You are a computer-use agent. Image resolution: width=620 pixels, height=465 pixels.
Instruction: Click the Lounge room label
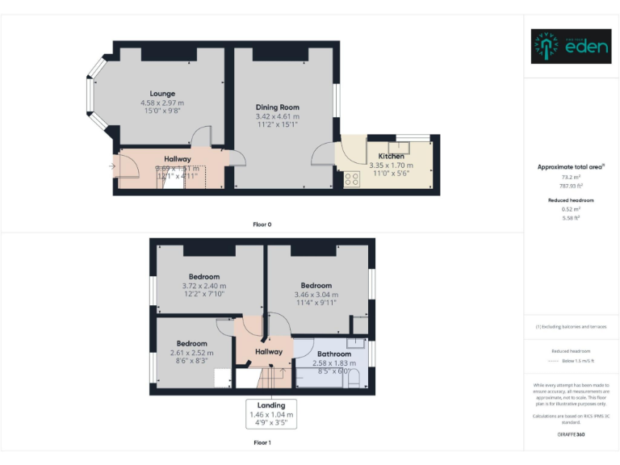(x=161, y=94)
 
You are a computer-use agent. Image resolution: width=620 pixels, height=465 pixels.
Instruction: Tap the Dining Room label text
(x=277, y=107)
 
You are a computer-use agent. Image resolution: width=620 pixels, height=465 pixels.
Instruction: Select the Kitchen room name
(x=392, y=156)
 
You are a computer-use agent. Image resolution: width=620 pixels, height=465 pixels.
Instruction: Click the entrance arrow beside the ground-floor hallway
(x=111, y=167)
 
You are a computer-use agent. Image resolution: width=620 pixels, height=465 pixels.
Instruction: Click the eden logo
(x=568, y=47)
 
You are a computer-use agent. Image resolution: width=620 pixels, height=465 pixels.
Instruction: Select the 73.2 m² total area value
(x=571, y=177)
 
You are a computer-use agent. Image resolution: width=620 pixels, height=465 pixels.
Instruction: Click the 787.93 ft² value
(x=571, y=185)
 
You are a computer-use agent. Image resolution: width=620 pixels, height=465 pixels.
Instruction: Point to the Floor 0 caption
(x=262, y=224)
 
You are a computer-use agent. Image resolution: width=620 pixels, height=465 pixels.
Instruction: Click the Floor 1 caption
(x=262, y=442)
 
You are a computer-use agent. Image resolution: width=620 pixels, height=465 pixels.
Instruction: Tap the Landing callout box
(x=271, y=413)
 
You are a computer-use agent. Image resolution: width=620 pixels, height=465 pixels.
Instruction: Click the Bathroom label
(x=333, y=354)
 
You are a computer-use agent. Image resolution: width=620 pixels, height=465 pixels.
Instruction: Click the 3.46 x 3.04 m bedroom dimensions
(x=316, y=295)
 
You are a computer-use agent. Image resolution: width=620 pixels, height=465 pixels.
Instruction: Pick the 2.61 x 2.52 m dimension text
(x=192, y=353)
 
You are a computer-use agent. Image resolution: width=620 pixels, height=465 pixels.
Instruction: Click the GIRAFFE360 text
(x=571, y=435)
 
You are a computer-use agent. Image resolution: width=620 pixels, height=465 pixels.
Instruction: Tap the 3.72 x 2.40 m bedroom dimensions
(x=203, y=286)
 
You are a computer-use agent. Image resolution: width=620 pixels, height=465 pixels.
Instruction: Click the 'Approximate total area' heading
(x=570, y=167)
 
